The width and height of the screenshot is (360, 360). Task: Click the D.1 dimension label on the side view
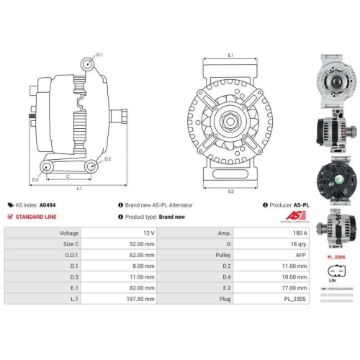99,55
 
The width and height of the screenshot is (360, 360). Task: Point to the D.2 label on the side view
107,158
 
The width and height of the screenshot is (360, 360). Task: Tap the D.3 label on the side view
35,179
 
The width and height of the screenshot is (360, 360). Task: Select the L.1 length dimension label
78,189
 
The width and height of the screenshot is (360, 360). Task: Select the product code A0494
47,204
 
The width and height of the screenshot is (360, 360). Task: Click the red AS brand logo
296,215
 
